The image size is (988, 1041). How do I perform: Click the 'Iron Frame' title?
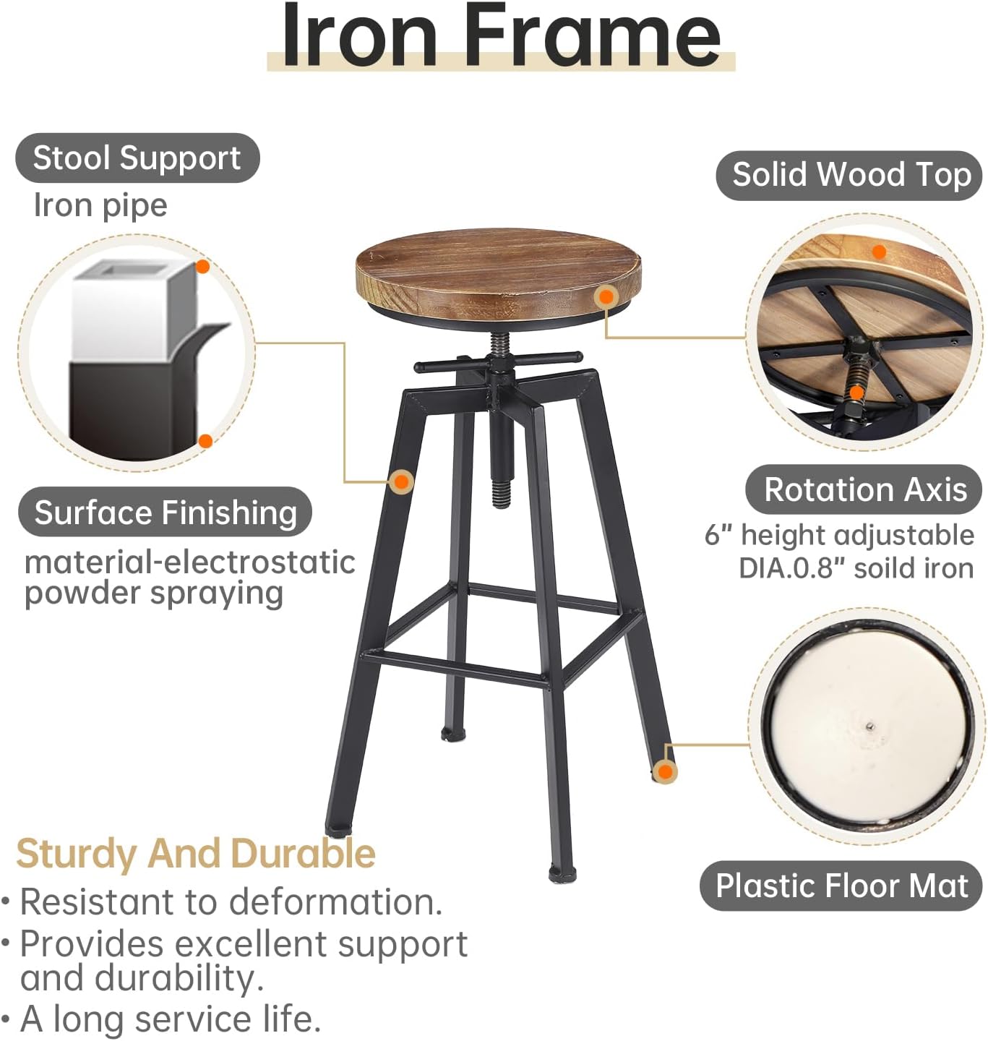coord(501,36)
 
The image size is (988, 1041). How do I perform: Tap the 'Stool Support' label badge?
coord(137,158)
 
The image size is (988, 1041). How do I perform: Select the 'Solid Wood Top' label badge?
coord(849,175)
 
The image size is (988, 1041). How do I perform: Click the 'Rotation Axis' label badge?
coord(864,489)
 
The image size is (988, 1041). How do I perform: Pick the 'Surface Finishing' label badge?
coord(166,512)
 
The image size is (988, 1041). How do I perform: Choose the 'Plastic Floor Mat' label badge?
coord(841,886)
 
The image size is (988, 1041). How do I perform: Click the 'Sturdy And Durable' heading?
coord(196,854)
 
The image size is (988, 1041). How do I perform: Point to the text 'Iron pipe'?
coord(100,206)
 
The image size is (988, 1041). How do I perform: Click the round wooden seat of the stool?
coord(498,274)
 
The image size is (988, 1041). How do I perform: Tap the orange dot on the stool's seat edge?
coord(606,296)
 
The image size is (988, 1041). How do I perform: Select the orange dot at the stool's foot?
coord(666,771)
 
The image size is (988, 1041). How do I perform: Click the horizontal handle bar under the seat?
coord(498,361)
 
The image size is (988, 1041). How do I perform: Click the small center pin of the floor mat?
coord(869,726)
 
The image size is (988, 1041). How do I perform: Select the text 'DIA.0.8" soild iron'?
coord(856,568)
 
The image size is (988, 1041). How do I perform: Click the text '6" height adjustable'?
coord(839,535)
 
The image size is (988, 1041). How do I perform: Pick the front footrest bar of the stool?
coord(455,669)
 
